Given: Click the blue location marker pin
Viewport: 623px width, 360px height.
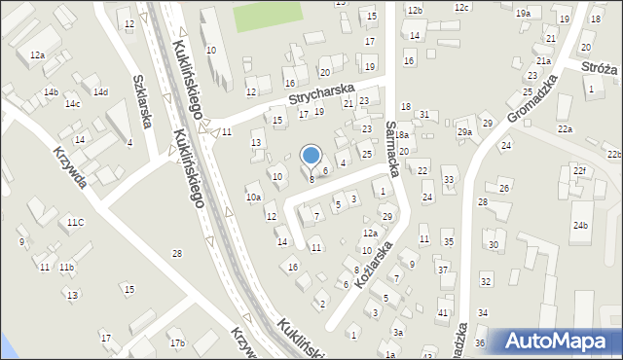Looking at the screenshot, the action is [311, 156].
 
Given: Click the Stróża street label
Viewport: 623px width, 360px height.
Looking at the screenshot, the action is [600, 68].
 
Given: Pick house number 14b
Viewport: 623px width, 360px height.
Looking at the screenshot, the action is [51, 92].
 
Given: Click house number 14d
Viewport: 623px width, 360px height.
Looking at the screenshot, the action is [100, 91].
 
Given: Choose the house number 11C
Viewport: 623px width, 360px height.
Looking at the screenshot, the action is [75, 222].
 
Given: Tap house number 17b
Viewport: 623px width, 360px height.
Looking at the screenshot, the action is [176, 342].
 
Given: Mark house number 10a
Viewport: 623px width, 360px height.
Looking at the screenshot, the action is [253, 198].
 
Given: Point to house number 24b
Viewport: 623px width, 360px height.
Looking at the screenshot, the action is [580, 226].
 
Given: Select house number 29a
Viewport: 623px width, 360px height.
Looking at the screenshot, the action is [464, 132].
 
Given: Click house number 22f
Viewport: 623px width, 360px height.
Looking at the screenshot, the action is [579, 171].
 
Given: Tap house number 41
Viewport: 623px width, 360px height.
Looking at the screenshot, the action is [443, 312].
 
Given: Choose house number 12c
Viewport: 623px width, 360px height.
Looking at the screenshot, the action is [461, 8].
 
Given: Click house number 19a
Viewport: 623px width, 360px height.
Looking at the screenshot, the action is [523, 13].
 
